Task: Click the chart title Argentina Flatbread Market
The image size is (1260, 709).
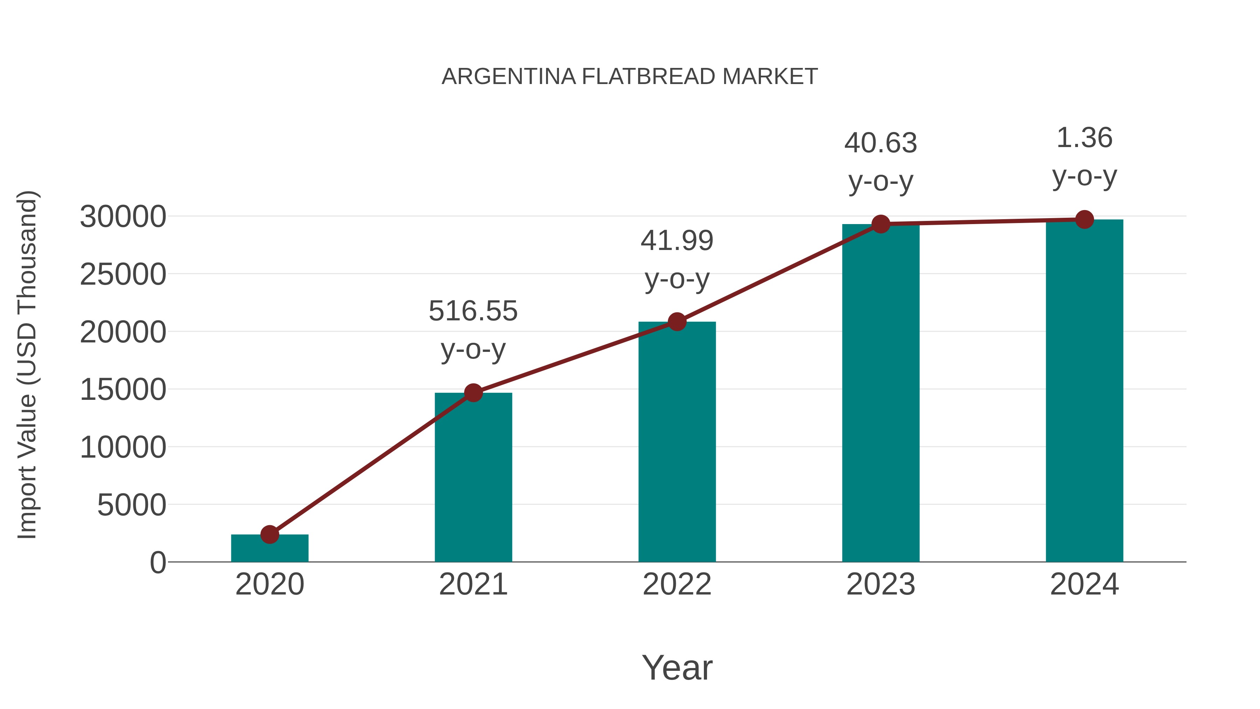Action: pos(630,77)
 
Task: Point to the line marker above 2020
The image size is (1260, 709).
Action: pos(269,534)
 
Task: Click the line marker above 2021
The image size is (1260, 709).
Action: pos(473,392)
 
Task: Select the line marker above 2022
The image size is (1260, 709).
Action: pos(677,321)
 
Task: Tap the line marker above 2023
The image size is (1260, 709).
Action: pos(881,224)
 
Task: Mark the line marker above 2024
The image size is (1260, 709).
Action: pos(1084,220)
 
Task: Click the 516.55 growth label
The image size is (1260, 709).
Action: pos(473,311)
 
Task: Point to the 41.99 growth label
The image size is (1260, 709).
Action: pos(677,241)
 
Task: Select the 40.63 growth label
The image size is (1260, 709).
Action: pos(881,143)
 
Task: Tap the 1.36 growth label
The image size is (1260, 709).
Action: pos(1084,138)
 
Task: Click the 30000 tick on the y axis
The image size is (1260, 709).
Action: pos(123,217)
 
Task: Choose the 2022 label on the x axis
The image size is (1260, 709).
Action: pos(677,584)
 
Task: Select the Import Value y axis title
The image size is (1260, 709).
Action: pos(27,364)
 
